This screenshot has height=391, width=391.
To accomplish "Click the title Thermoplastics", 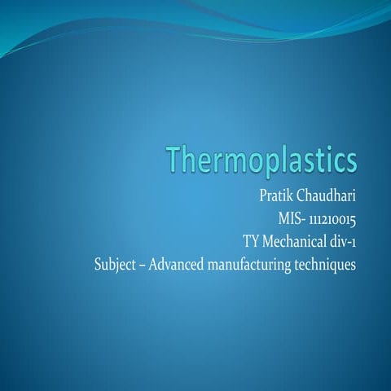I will point(261,160).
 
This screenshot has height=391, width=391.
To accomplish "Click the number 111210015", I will point(334,219).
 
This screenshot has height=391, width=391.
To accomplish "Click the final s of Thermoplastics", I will point(350,160).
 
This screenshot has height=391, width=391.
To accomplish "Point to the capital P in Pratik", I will point(261,196).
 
